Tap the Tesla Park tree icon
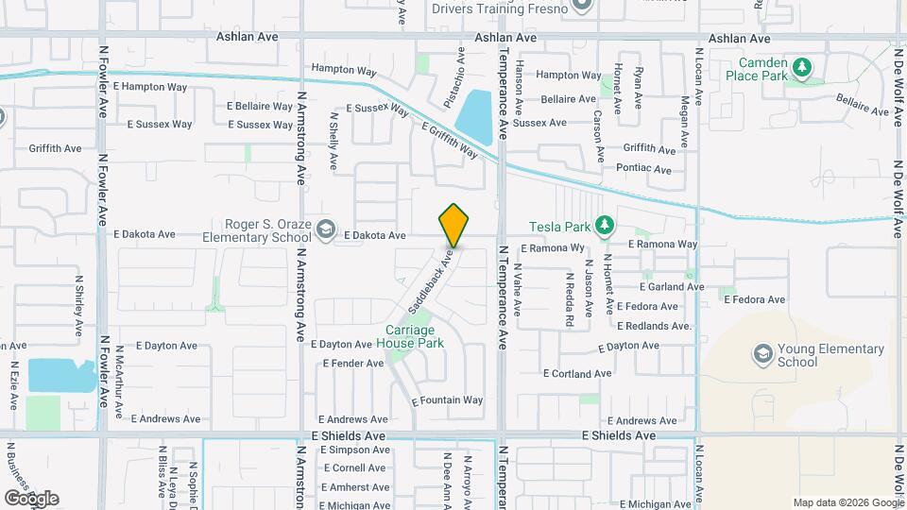coord(605,227)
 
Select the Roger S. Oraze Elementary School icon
coord(326,229)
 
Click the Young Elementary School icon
coord(762,354)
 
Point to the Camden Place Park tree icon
coord(802,67)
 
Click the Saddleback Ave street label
coord(432,280)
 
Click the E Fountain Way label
coord(448,400)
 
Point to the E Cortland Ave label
coord(577,374)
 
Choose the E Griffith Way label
coord(451,141)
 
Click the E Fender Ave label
coord(352,363)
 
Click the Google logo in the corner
coord(31,498)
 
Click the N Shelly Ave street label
coord(334,142)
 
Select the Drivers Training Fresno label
coord(500,9)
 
